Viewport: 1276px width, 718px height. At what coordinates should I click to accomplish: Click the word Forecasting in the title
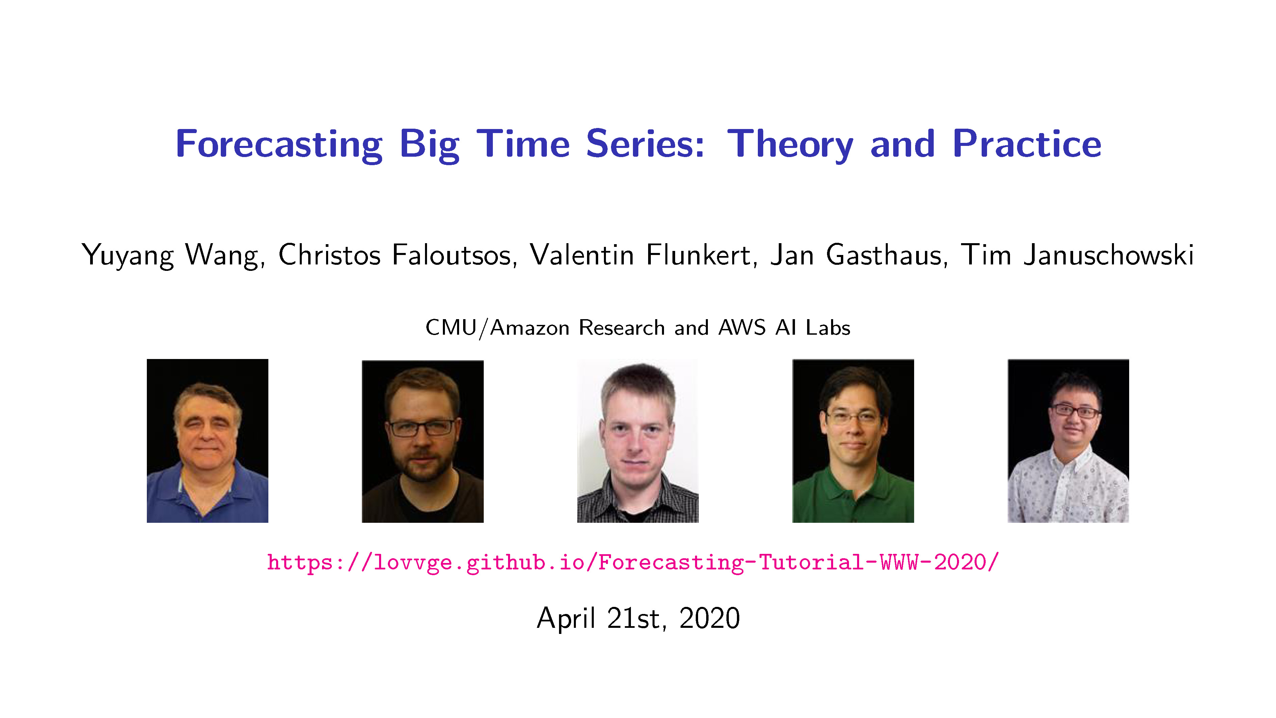click(x=279, y=144)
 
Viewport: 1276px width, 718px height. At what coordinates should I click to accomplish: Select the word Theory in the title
click(x=790, y=145)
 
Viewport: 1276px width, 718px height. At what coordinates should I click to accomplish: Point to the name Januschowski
click(x=1108, y=255)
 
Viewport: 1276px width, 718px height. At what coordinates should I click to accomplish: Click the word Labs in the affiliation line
click(x=828, y=328)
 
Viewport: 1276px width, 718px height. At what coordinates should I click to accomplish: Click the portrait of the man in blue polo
click(x=208, y=440)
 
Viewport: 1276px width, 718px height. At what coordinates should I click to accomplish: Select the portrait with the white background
click(x=638, y=440)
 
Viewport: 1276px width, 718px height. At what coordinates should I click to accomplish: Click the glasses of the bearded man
click(x=422, y=427)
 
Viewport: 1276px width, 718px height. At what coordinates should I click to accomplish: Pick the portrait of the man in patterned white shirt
click(x=1068, y=440)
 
